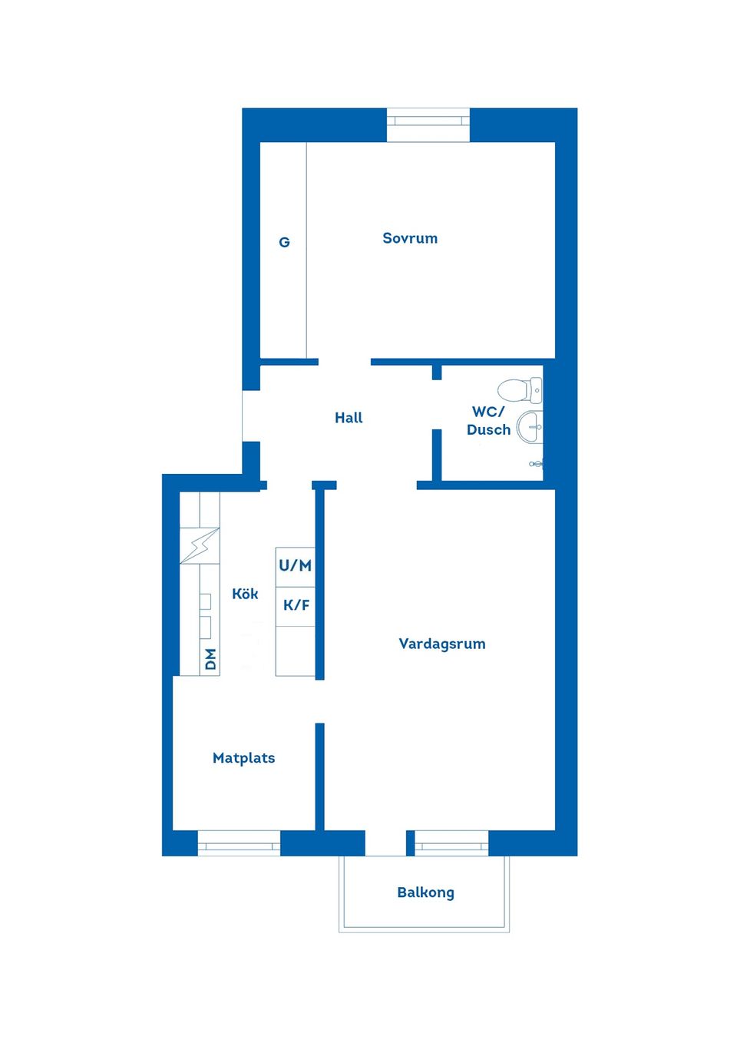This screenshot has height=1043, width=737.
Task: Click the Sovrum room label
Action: click(410, 238)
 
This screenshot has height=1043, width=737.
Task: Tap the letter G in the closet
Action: click(284, 243)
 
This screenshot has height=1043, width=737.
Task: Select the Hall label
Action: click(349, 418)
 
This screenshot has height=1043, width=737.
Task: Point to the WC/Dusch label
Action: click(488, 421)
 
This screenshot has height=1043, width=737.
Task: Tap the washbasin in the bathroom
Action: click(529, 427)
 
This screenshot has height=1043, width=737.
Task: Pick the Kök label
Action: click(245, 594)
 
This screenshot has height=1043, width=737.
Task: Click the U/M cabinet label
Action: click(295, 566)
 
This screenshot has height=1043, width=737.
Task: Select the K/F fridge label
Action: click(296, 605)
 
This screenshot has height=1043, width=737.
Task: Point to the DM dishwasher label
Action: click(211, 659)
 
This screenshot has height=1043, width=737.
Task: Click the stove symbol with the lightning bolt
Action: click(200, 545)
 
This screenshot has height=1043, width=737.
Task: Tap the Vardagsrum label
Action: click(442, 644)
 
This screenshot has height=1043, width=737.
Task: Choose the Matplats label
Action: click(243, 758)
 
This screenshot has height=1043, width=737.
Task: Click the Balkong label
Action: click(425, 892)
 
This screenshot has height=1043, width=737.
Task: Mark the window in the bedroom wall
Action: click(428, 121)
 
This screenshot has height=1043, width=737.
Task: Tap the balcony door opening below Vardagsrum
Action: click(385, 843)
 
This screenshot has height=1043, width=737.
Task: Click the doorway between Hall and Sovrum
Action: click(345, 362)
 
